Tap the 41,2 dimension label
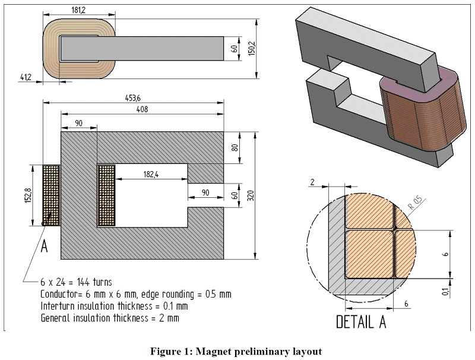tap(26, 77)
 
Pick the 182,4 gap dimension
tap(151, 174)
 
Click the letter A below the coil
tap(44, 247)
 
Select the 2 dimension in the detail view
tap(312, 182)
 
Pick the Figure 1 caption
tap(237, 349)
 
